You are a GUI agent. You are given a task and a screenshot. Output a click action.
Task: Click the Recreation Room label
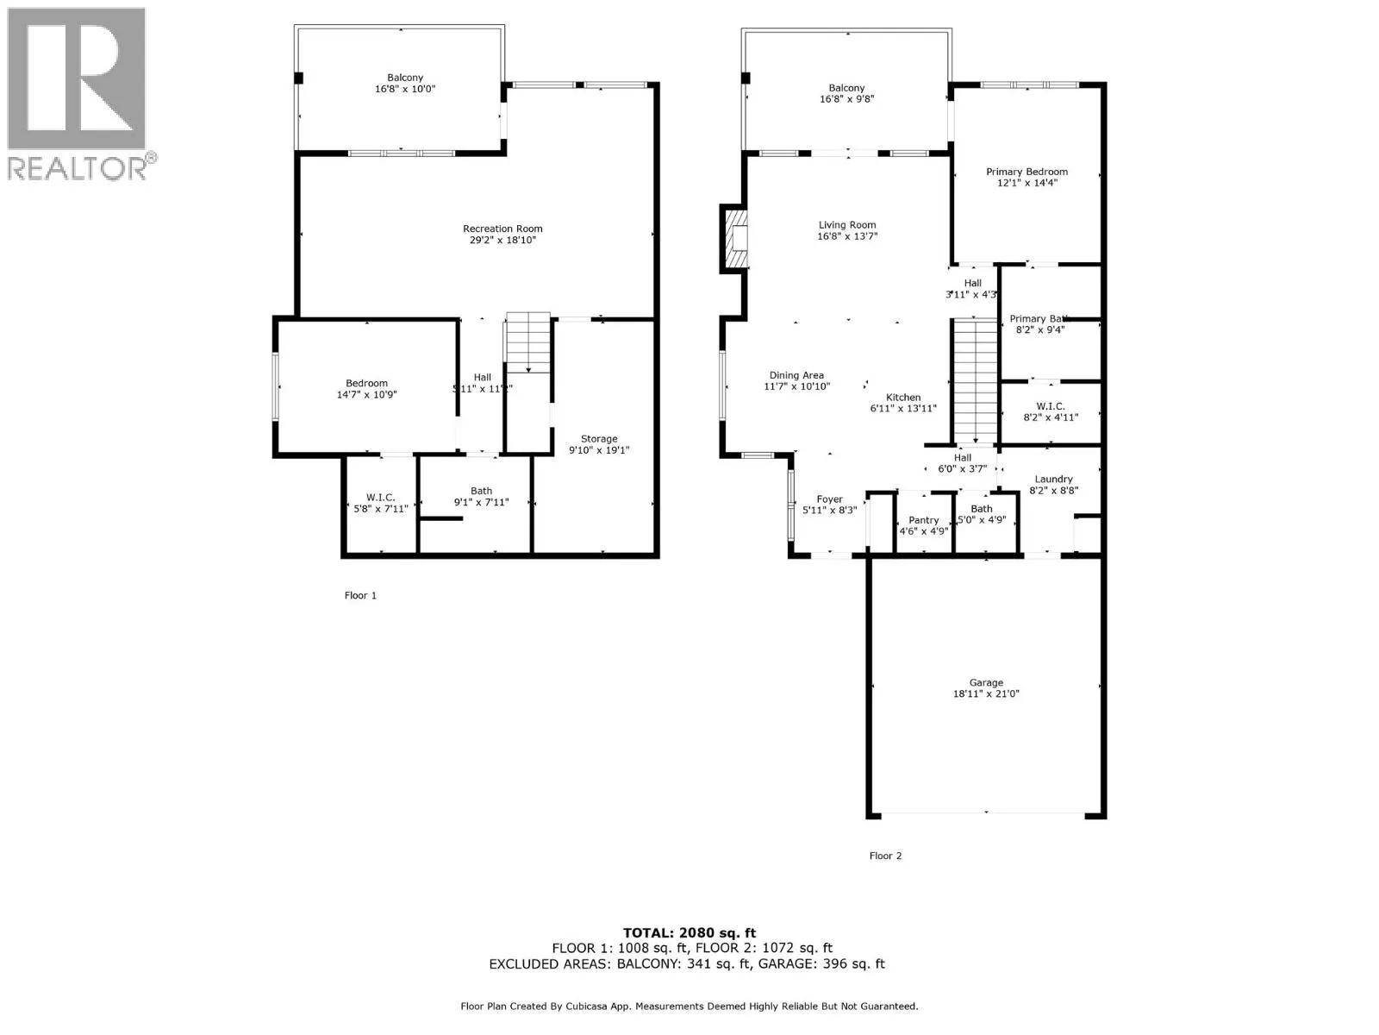[502, 229]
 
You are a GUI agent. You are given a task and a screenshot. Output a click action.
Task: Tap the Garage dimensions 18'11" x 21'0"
[986, 693]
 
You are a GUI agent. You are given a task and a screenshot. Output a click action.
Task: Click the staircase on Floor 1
[527, 343]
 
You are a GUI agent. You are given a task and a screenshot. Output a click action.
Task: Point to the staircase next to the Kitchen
[975, 379]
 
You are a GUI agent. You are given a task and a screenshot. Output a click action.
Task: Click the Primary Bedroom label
[1026, 172]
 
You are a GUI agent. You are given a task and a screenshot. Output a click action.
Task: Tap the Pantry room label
[923, 520]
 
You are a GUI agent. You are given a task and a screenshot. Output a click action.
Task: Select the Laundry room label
[1053, 479]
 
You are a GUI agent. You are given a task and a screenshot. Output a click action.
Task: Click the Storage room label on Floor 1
[598, 439]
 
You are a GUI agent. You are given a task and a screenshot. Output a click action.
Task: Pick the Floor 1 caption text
[360, 595]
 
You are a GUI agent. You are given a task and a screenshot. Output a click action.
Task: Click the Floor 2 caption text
[885, 856]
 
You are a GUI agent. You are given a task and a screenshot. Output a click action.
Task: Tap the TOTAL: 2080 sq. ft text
[689, 932]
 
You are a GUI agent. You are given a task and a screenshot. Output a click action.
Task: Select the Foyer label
[829, 499]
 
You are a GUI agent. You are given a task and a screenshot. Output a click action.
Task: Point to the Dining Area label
[796, 375]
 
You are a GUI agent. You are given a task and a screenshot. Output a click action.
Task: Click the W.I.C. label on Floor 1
[380, 498]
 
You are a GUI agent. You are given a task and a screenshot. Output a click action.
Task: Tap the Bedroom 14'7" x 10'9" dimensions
[366, 395]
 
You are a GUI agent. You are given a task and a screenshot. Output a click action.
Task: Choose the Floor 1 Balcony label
[405, 78]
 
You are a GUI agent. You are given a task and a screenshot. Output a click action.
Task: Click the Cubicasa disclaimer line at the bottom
[689, 1006]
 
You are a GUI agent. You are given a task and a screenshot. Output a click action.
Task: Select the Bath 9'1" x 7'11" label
[481, 491]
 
